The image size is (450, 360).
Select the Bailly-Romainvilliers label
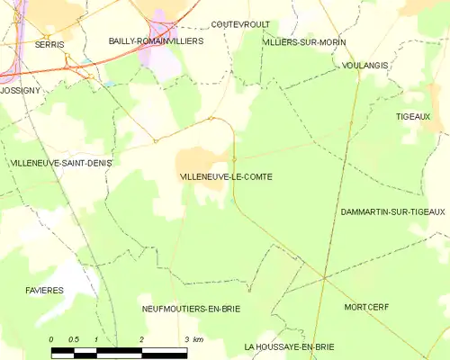pos(156,41)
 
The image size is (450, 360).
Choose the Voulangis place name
pos(365,66)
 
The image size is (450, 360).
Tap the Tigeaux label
pos(413,117)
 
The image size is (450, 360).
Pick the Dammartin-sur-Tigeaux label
pos(393,211)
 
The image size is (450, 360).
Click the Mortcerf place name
pos(365,307)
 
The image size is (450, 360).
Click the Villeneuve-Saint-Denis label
pos(53,163)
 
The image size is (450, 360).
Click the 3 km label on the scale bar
pos(192,339)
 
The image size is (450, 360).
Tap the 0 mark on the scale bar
pos(51,339)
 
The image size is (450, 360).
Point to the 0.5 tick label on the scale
pos(74,339)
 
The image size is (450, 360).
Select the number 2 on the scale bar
pos(141,339)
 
